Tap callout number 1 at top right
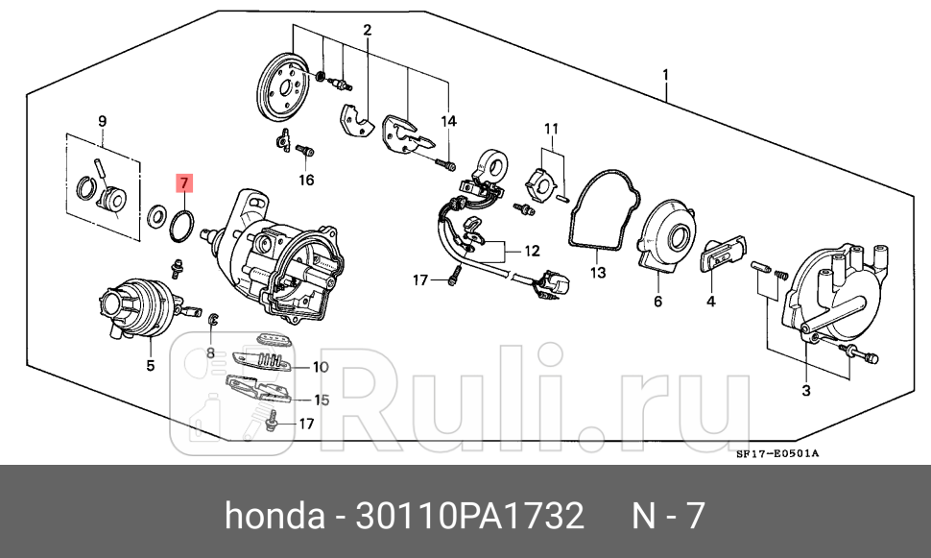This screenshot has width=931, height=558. pos(665,75)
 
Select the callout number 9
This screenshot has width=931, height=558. pos(102,120)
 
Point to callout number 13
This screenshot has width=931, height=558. pos(598,274)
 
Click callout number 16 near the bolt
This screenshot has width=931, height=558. pos(306,180)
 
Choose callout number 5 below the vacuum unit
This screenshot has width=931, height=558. pos(150,365)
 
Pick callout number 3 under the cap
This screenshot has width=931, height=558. pos(805,390)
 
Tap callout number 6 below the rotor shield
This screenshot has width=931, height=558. pos(658,302)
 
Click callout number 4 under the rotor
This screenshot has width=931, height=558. pos(710,302)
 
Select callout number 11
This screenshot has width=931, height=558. pos(551,129)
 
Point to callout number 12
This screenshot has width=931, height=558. pos(531,252)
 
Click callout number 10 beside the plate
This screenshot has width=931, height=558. pos(321,367)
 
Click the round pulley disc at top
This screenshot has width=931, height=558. pos(285,89)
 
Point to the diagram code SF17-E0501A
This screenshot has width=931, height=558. pos(778,454)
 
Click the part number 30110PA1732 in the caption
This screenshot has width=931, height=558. pos(469,517)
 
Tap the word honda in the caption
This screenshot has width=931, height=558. pos(274,517)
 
